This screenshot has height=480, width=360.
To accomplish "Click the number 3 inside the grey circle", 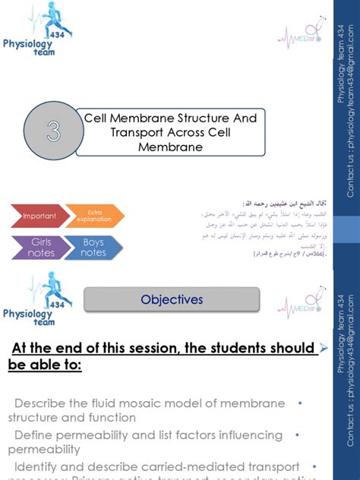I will (x=52, y=133).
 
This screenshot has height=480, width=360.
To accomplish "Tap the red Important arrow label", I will (x=39, y=216).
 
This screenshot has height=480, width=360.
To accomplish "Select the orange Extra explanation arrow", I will (x=94, y=216).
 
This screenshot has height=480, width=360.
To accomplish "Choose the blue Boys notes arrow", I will (x=93, y=248).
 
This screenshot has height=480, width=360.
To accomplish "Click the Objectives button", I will (x=172, y=300).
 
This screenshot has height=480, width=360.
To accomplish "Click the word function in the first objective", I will (x=112, y=417).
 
